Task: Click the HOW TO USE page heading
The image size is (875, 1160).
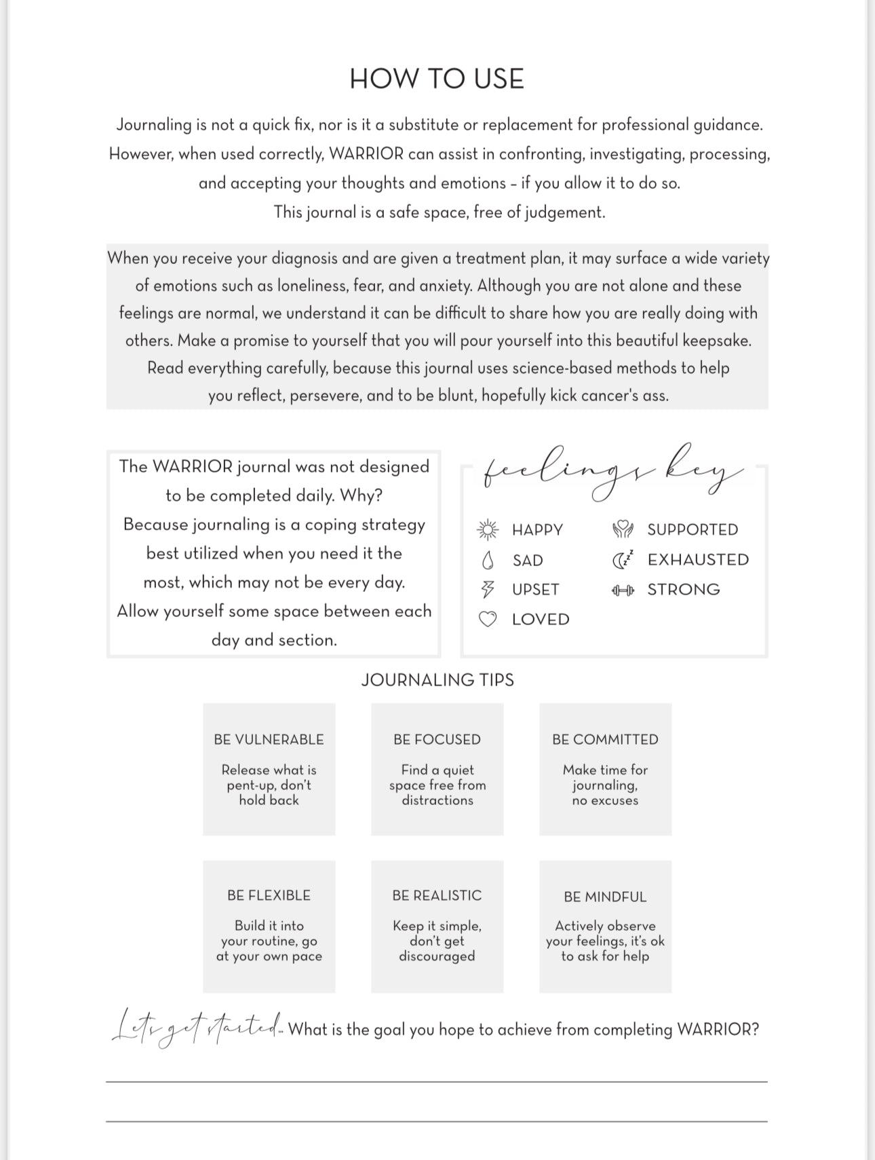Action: point(437,79)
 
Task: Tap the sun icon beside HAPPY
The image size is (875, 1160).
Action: point(488,529)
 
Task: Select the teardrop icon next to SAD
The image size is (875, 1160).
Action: point(487,560)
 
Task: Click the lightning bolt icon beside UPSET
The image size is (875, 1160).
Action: point(487,589)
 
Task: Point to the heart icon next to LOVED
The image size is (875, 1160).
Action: point(488,619)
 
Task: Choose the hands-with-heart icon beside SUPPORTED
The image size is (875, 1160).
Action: point(623,529)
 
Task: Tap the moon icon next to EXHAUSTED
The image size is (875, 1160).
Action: point(623,559)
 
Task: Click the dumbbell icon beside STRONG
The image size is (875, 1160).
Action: point(623,590)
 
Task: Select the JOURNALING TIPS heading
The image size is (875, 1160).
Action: point(437,680)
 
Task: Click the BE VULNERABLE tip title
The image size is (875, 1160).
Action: point(269,739)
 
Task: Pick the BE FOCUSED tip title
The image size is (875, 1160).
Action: point(437,739)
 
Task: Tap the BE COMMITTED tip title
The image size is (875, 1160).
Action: point(605,739)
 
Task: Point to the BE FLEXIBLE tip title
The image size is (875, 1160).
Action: point(269,895)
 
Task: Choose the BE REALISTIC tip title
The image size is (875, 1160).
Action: point(437,895)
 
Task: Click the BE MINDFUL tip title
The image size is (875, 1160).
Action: point(605,897)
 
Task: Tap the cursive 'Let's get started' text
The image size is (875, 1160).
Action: point(197,1028)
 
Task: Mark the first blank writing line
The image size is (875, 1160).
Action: point(437,1081)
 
